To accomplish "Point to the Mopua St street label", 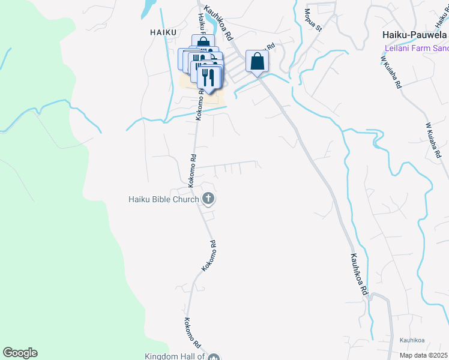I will pyautogui.click(x=313, y=19).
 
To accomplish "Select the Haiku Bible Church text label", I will pyautogui.click(x=163, y=199).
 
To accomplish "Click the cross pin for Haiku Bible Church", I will pyautogui.click(x=208, y=198).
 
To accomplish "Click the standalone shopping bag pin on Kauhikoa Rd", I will pyautogui.click(x=257, y=61).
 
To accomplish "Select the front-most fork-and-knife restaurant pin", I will pyautogui.click(x=207, y=77).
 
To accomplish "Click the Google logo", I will pyautogui.click(x=20, y=353).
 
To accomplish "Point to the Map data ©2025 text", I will pyautogui.click(x=423, y=355).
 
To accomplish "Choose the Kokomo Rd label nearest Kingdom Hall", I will pyautogui.click(x=192, y=333).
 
